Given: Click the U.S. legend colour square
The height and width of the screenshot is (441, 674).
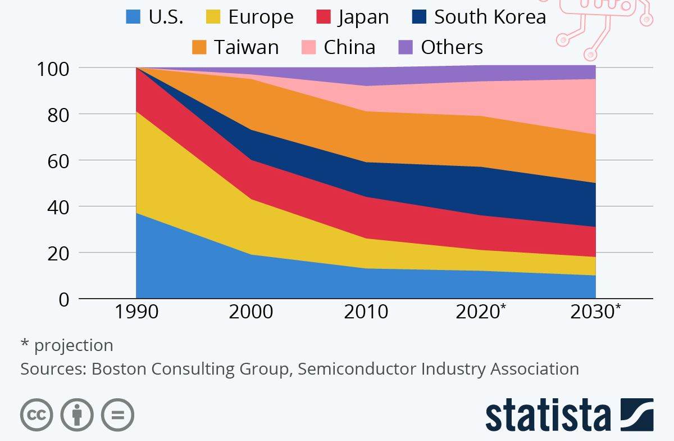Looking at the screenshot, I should (133, 17).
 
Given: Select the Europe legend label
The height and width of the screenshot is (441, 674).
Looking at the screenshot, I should (261, 17).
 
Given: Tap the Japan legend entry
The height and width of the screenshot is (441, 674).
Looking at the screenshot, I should (363, 17).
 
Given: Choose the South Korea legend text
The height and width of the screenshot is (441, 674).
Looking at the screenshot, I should (490, 17).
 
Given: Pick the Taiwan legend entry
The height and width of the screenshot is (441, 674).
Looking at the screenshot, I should (246, 47).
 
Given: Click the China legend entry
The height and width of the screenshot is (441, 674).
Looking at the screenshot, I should (349, 47).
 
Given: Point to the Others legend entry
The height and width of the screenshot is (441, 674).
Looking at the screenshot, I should (452, 47).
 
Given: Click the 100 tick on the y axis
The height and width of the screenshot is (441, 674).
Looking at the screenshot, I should (53, 69).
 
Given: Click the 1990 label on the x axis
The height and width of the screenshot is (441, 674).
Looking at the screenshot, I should (136, 311).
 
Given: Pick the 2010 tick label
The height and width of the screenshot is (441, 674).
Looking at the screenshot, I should (366, 311).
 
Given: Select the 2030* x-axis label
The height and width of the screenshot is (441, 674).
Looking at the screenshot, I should (595, 311).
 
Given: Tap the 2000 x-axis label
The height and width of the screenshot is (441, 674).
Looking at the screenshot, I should (251, 311).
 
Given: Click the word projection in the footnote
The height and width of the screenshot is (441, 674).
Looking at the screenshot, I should (74, 345).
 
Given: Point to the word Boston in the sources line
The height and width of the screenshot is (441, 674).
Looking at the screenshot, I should (116, 369).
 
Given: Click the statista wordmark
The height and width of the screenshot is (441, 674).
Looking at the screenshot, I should (548, 416).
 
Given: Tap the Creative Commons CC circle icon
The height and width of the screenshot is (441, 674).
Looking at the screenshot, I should (37, 416).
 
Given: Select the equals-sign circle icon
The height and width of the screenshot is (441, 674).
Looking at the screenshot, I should (117, 416).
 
